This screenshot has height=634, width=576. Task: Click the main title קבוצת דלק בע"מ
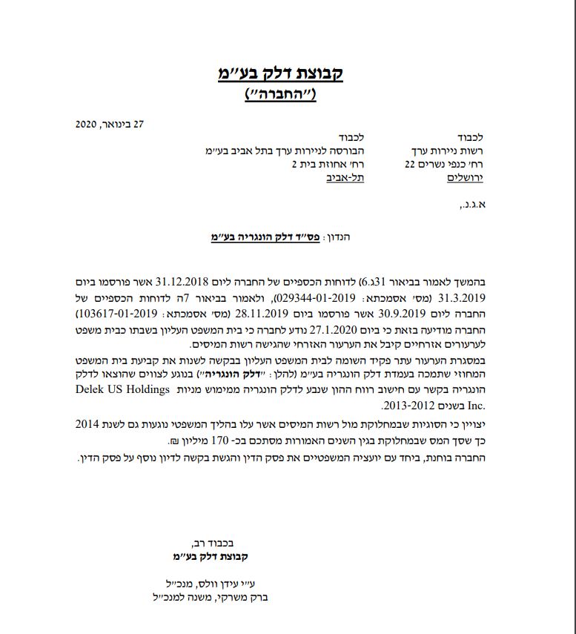(x=280, y=73)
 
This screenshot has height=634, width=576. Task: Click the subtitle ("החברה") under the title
(x=280, y=94)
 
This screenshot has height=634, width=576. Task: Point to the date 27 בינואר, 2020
(x=109, y=124)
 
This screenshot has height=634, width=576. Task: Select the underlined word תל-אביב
(x=345, y=177)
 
